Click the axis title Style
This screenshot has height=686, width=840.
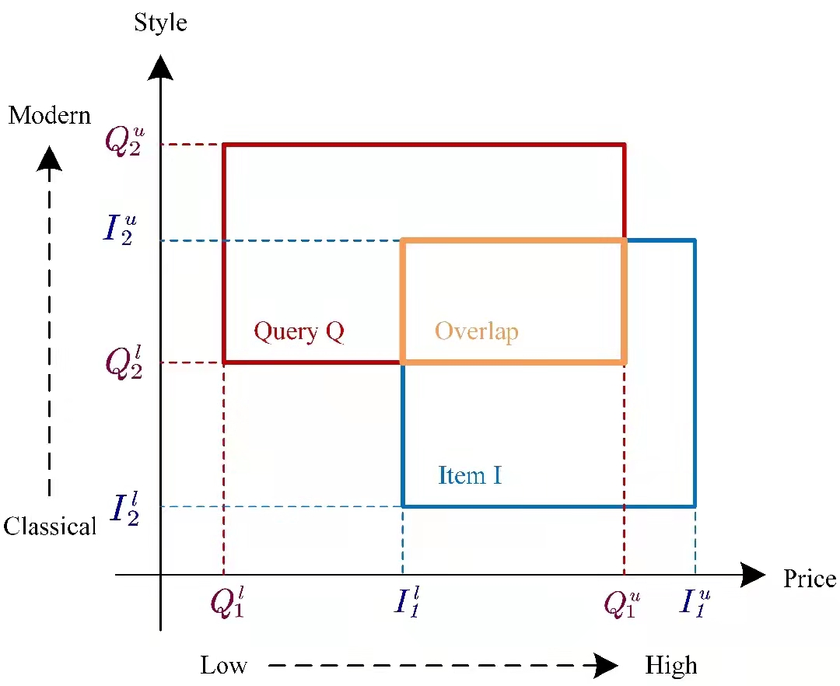coord(160,22)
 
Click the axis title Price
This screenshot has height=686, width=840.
coord(809,579)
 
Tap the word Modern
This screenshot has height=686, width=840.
coord(50,116)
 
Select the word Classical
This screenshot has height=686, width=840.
coord(50,527)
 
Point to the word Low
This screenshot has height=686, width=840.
coord(223,666)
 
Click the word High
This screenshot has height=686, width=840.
coord(671,666)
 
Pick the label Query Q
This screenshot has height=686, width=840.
coord(299,332)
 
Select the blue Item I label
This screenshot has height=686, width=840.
coord(470,475)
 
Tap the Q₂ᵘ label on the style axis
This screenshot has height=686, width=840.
coord(124,142)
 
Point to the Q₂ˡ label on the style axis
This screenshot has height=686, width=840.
coord(124,362)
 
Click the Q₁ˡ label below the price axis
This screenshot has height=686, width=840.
coord(227,604)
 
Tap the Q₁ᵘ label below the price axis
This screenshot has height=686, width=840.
coord(623,604)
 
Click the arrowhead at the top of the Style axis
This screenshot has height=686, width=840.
coord(160,67)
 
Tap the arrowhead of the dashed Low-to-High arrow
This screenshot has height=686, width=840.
coord(606,666)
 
